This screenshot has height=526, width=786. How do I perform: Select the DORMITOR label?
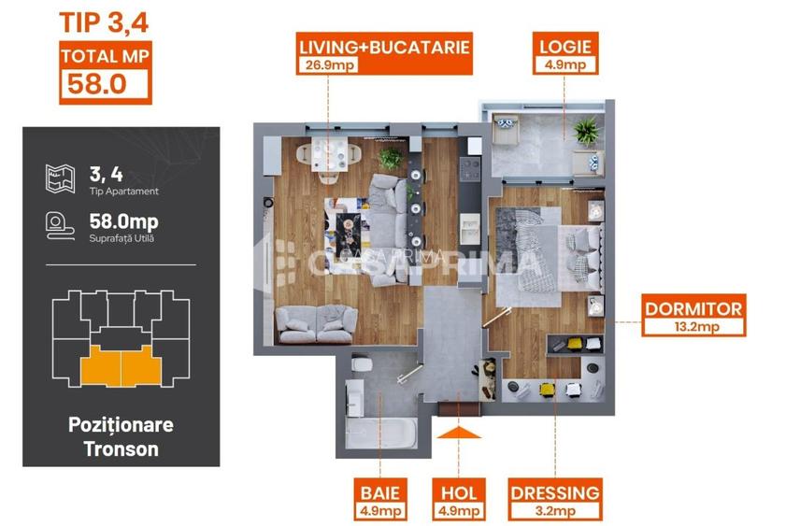coord(693,308)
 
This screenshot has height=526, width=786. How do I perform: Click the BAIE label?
coord(379,492)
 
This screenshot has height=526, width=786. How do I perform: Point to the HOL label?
coord(458,492)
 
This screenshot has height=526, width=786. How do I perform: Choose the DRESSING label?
coord(555,492)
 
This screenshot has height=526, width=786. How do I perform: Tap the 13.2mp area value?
coord(693,327)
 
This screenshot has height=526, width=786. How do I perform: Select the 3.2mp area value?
coord(555,511)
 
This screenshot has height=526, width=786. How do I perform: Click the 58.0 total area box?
coord(105,84)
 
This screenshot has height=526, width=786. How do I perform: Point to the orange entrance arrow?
coord(458,432)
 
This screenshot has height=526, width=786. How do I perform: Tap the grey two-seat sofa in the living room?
coord(309,322)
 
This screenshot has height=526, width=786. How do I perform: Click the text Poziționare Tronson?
coord(121,436)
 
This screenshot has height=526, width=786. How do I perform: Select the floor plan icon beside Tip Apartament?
coord(59,178)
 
